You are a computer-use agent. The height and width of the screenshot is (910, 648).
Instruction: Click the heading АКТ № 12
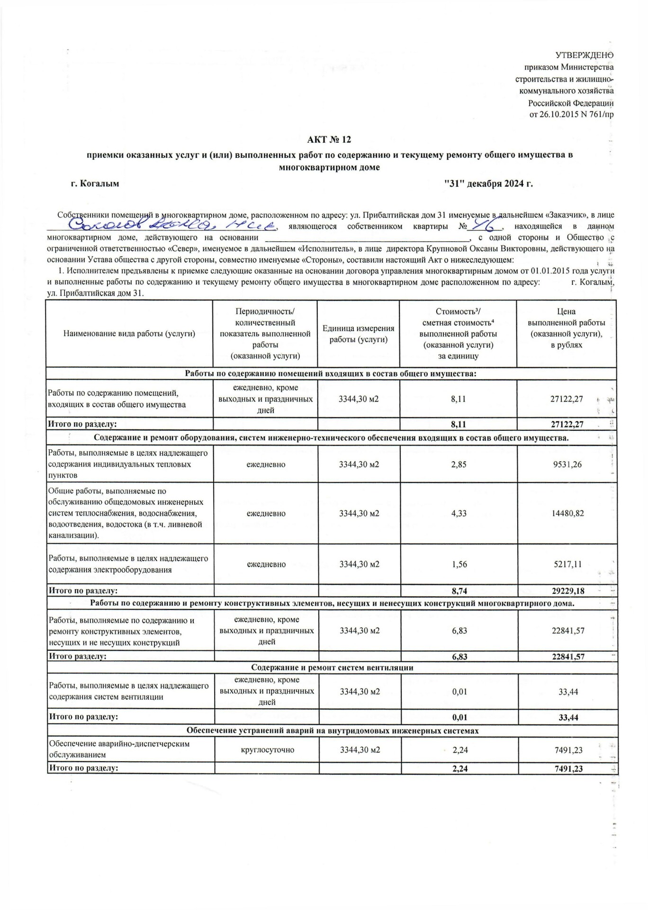pos(329,139)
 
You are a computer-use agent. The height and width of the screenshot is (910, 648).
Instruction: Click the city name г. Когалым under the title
pos(95,183)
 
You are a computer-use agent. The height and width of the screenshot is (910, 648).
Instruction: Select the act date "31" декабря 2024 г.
pos(488,183)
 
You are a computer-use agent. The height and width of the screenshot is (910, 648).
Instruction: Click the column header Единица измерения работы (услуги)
pos(358,334)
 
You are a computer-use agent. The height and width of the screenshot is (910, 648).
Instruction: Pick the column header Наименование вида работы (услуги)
pos(129,334)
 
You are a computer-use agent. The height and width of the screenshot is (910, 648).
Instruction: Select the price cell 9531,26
pos(567,464)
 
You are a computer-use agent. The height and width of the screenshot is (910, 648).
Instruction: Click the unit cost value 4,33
pos(459,513)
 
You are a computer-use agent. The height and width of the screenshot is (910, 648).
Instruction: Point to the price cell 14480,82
pos(567,513)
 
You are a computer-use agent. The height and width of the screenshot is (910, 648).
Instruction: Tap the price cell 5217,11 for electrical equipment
pos(567,564)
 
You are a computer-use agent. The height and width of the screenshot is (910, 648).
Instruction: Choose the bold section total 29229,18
pos(568,591)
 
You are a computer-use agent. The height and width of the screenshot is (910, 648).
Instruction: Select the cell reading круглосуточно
pos(266,750)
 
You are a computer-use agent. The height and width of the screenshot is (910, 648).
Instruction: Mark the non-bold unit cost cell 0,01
pos(459,692)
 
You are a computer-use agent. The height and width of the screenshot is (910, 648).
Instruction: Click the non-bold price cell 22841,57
pos(568,631)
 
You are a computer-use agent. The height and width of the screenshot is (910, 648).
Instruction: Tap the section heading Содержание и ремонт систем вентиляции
pos(332,668)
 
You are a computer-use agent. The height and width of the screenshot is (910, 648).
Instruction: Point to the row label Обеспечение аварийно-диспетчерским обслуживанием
pos(119,749)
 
